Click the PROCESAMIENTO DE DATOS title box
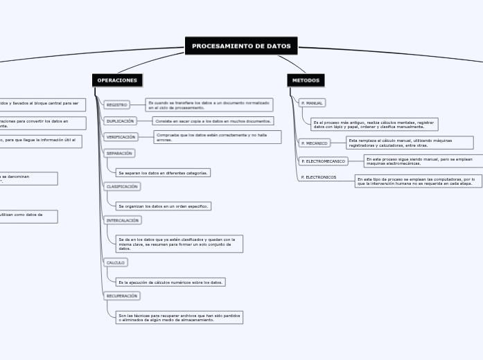(x=241, y=46)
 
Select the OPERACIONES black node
(x=117, y=80)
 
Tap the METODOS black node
(x=306, y=80)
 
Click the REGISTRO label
(x=116, y=105)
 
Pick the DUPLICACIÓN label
(x=121, y=120)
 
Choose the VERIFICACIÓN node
(x=121, y=137)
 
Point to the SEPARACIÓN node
(x=119, y=153)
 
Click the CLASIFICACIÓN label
(x=122, y=187)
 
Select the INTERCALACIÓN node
(x=123, y=220)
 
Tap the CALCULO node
(x=115, y=263)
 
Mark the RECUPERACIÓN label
(x=122, y=296)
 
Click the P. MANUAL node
(x=311, y=103)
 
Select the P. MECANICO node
(x=314, y=143)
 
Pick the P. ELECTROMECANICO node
(x=323, y=161)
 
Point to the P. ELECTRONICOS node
(x=318, y=177)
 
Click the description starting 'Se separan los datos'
(x=163, y=172)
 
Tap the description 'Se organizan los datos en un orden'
(x=164, y=206)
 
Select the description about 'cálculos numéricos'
(x=170, y=282)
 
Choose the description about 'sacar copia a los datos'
(x=213, y=120)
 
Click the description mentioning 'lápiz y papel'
(x=374, y=125)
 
